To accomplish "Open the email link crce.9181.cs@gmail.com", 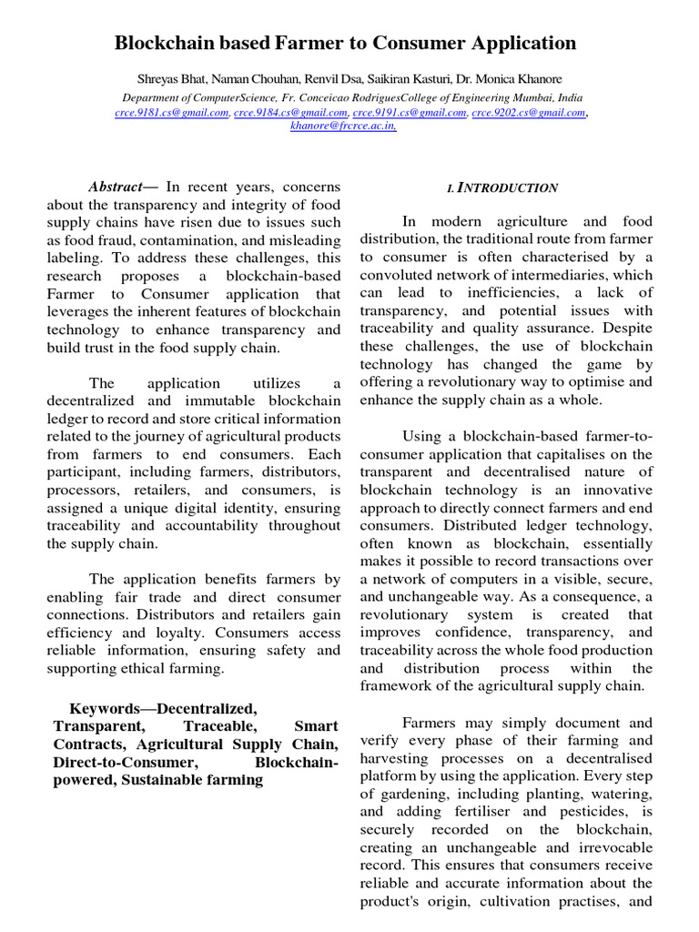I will coord(171,112).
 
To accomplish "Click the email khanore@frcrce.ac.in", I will coord(343,127).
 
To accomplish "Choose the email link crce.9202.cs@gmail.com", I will coord(528,112).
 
